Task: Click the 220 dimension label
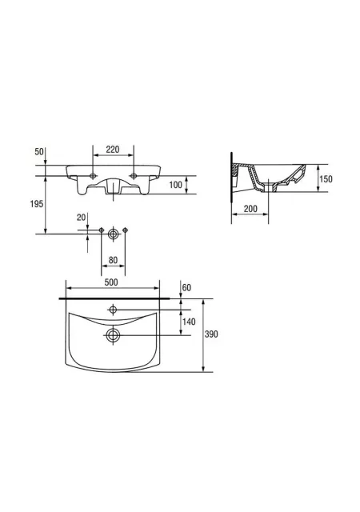click(x=113, y=150)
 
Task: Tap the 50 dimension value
click(x=39, y=152)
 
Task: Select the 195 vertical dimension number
click(x=37, y=204)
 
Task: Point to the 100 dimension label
click(x=175, y=185)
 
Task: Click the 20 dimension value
click(x=81, y=218)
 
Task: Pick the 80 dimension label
click(x=113, y=260)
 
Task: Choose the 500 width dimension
click(x=111, y=282)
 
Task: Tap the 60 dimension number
click(x=186, y=288)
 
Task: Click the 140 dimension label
click(x=189, y=322)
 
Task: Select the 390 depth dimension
click(x=211, y=334)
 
